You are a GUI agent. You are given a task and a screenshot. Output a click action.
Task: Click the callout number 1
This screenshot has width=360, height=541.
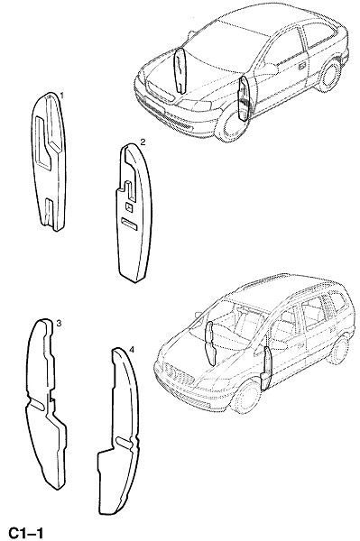click(x=61, y=96)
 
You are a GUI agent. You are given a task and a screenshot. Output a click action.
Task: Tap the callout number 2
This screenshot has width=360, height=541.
click(x=143, y=142)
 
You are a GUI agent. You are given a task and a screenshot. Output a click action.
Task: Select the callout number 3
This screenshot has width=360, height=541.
click(x=59, y=324)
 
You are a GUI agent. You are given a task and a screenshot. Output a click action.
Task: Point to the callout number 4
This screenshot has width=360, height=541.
click(x=132, y=350)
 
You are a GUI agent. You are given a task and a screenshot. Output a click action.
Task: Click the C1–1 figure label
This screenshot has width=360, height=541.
click(x=26, y=533)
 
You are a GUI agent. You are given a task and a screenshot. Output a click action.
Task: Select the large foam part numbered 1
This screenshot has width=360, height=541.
click(x=49, y=161)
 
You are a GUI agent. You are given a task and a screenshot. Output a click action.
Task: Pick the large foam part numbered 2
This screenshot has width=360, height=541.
click(x=134, y=213)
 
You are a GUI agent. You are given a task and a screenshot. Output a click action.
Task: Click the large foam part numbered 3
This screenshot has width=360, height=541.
click(x=45, y=404)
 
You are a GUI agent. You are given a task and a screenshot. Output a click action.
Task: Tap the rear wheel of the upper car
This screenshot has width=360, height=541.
click(x=328, y=76)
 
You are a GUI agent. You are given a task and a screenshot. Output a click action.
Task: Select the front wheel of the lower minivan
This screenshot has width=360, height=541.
click(x=246, y=397)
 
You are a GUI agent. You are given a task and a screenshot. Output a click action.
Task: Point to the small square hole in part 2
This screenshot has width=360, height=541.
click(x=129, y=206)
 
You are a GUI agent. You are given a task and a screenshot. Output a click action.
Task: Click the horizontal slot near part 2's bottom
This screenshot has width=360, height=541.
click(x=129, y=224)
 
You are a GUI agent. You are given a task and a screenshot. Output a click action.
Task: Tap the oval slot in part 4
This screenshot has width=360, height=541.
click(x=124, y=442)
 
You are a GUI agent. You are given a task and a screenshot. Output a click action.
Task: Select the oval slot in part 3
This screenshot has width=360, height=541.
click(x=37, y=405)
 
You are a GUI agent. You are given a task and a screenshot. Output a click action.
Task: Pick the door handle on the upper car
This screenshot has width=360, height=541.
click(x=301, y=66)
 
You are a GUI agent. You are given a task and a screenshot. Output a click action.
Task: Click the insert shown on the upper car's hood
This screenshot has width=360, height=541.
click(x=180, y=70)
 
